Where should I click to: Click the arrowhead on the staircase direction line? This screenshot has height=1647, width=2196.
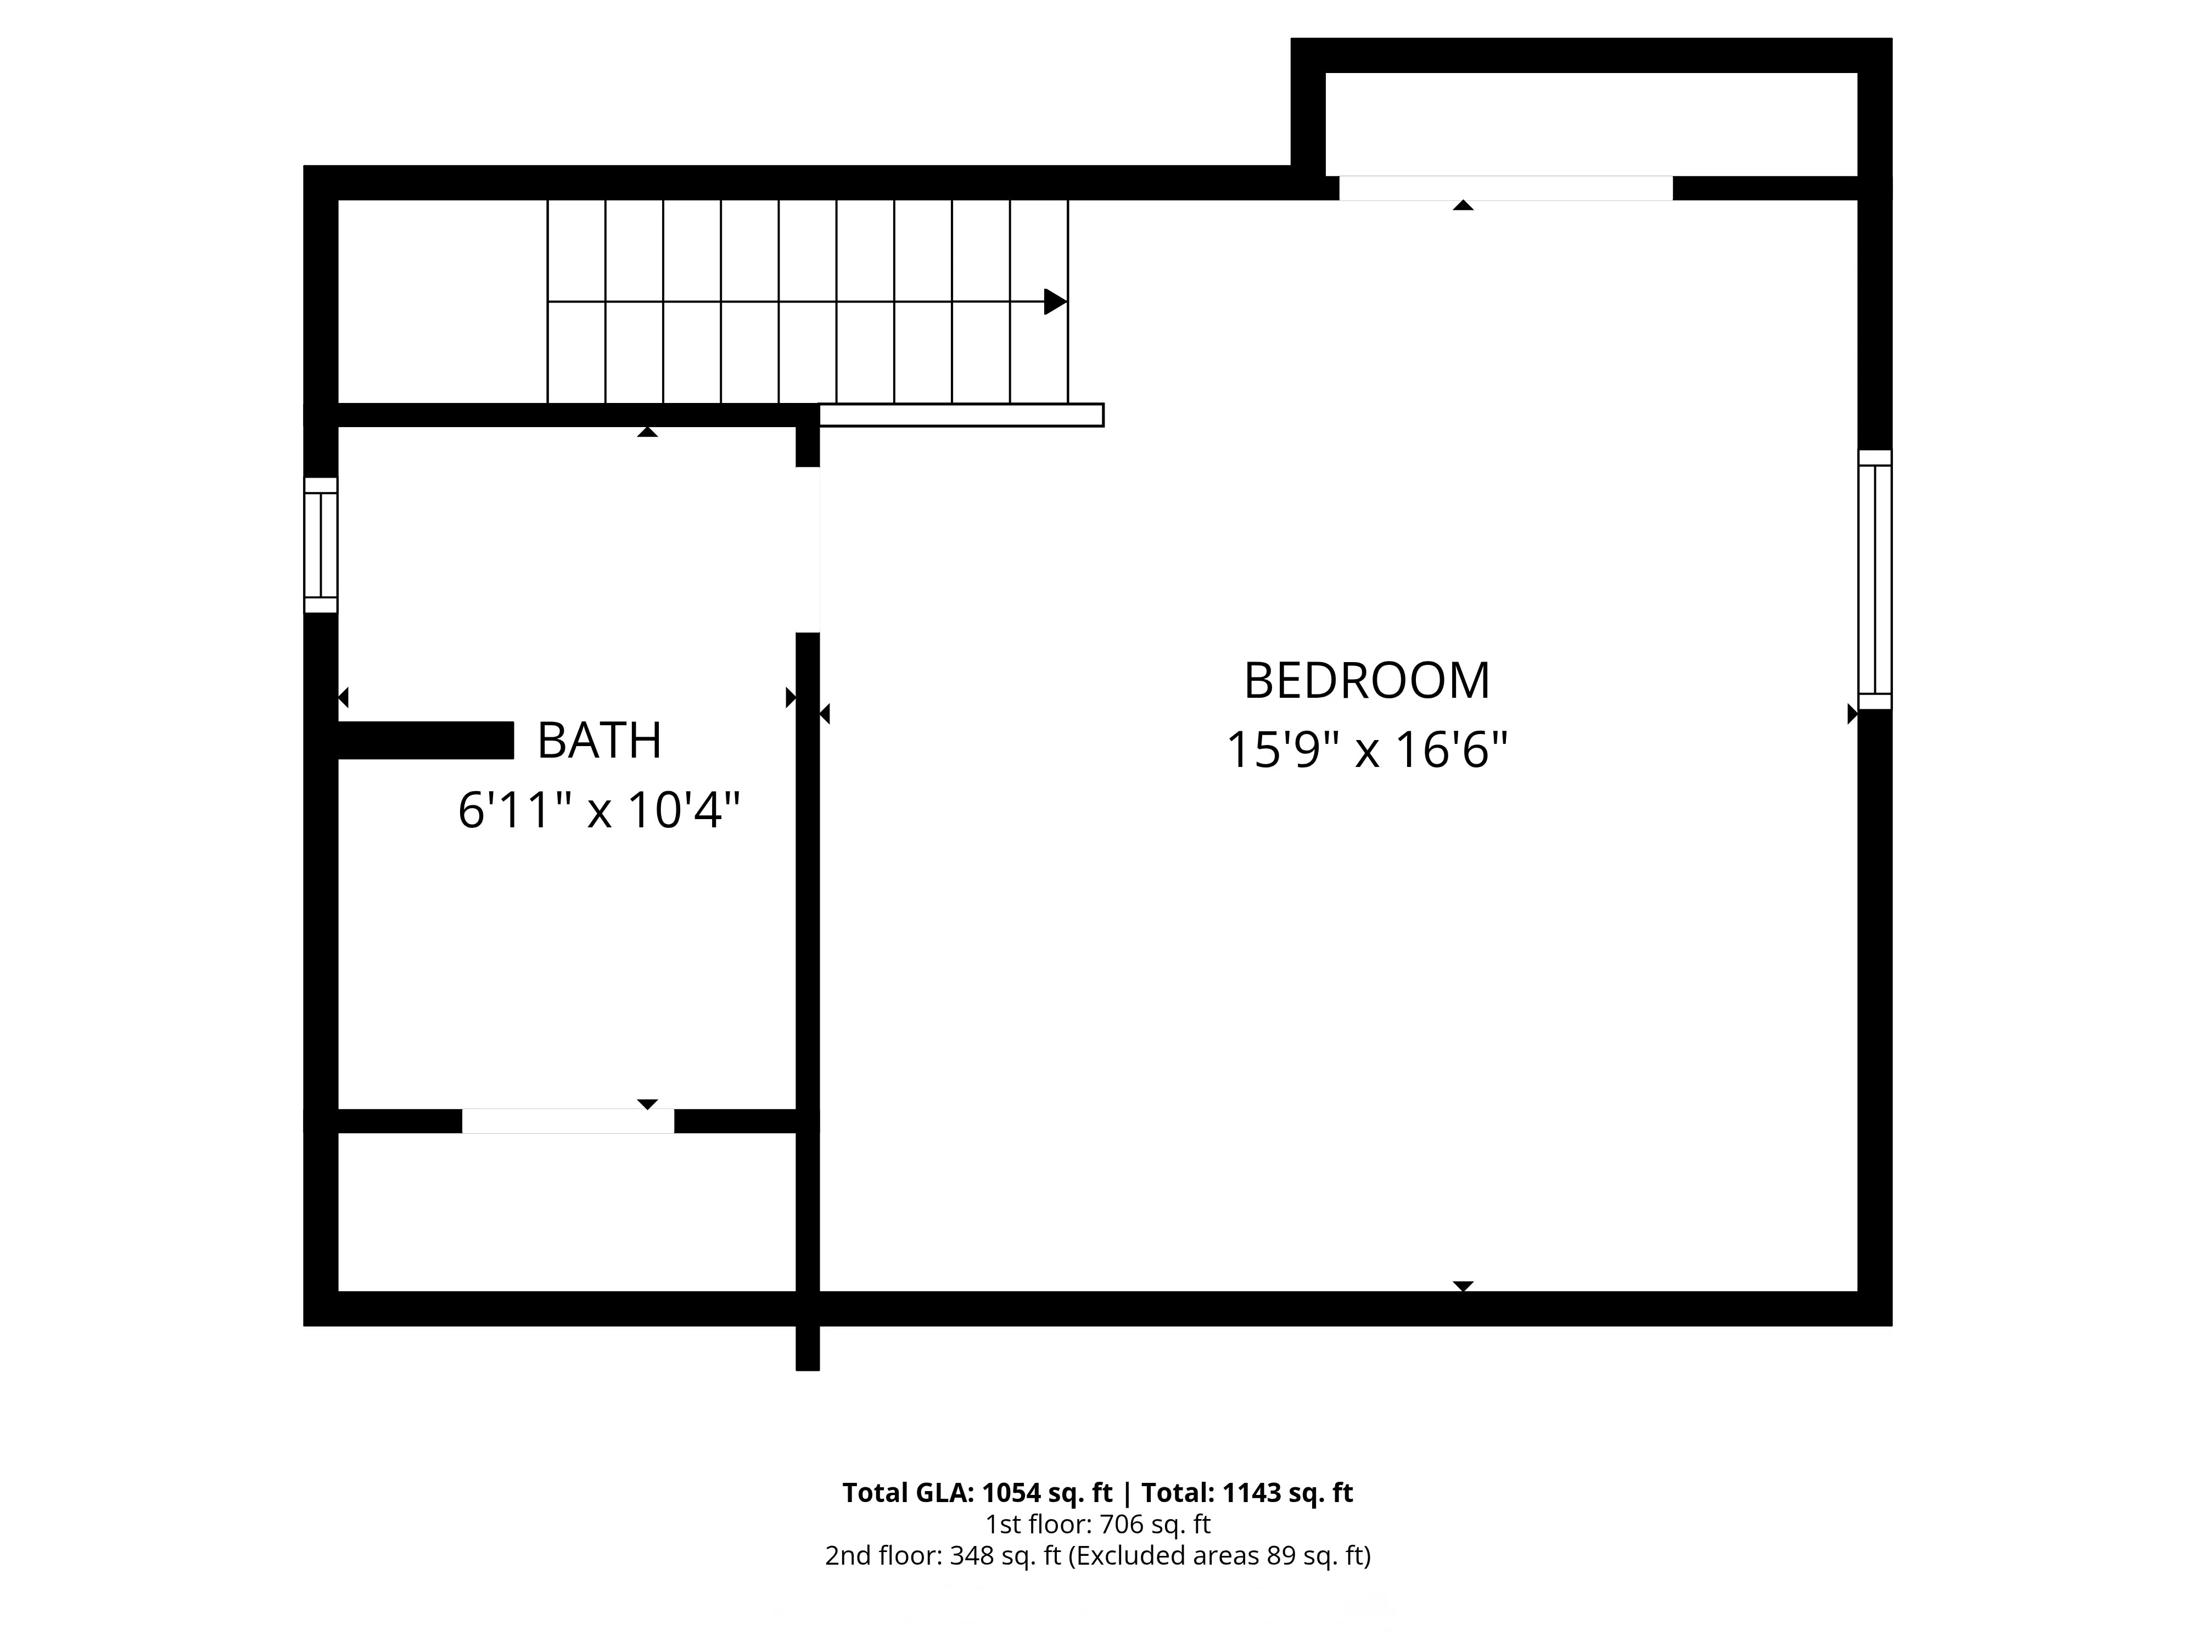click(x=1055, y=302)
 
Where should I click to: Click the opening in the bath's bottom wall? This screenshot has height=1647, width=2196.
click(x=568, y=1121)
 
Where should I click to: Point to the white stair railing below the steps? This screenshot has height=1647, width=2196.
click(x=961, y=415)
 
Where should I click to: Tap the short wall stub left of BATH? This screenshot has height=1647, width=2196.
click(x=425, y=741)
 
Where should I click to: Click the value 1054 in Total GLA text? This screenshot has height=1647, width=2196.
click(x=1012, y=1493)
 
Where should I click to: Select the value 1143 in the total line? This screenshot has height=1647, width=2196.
click(x=1253, y=1493)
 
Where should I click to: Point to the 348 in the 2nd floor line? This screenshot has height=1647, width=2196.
click(x=971, y=1556)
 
